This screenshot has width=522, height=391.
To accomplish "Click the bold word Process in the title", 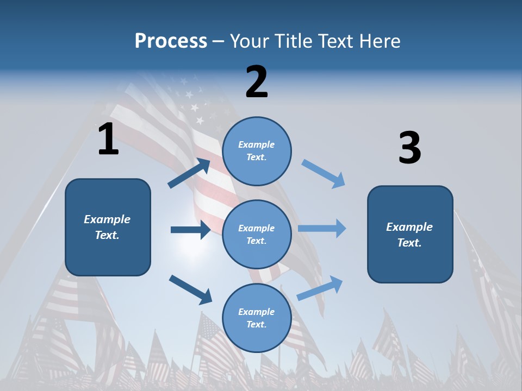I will click(171, 41).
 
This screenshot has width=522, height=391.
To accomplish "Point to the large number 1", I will click(108, 140).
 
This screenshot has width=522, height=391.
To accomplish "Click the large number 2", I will click(257, 82).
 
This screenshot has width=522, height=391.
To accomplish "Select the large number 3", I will click(409, 148).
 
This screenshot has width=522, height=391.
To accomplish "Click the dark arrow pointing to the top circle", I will click(190, 173).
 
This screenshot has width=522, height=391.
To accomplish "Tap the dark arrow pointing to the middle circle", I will click(190, 230).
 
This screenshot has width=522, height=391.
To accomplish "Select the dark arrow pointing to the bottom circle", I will click(190, 289).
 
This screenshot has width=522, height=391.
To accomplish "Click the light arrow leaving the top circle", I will click(324, 173).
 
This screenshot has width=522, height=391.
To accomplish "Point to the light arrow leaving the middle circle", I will click(322, 228).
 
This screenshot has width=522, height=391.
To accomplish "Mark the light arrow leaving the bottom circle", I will click(320, 288).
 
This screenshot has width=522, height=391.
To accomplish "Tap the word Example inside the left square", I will click(107, 219).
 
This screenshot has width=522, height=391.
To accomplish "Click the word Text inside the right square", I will click(409, 243).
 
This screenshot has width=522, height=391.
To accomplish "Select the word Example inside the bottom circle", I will click(257, 312).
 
